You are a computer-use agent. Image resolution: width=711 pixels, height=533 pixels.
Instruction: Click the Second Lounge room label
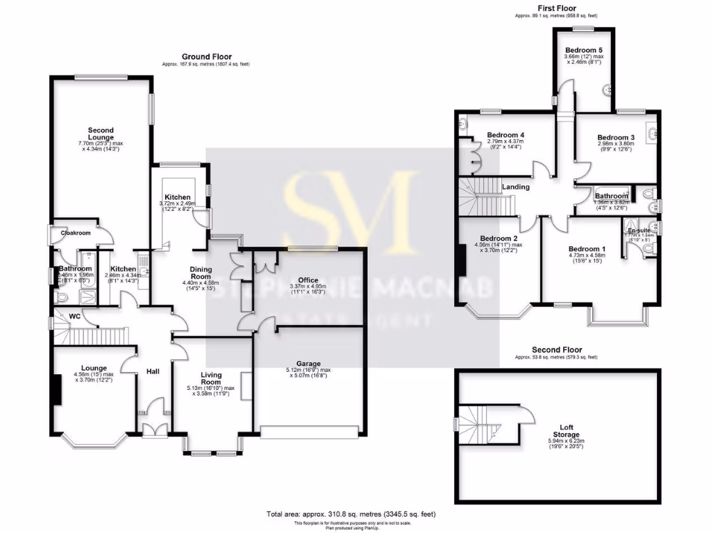point(101,134)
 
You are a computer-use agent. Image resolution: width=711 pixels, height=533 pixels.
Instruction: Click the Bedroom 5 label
point(583,51)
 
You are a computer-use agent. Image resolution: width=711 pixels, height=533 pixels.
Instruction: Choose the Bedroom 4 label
point(505,135)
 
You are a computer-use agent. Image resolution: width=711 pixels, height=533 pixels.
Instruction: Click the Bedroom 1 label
point(587,249)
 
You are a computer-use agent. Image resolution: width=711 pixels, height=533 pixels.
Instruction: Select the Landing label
point(515,187)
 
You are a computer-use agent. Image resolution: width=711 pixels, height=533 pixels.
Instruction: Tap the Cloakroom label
point(73,233)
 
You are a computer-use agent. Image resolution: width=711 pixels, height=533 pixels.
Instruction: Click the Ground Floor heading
point(206,57)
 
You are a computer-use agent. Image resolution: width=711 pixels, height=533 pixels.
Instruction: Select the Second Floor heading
point(557,350)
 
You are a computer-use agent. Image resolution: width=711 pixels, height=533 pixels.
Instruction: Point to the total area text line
point(351,514)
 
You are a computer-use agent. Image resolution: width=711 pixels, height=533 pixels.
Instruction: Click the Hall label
point(153,372)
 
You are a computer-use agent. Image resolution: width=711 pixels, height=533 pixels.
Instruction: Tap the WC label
point(74,316)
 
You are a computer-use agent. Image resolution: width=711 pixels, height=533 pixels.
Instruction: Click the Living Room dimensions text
point(211,391)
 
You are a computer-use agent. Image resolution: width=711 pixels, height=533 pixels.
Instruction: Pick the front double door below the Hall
point(153,430)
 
